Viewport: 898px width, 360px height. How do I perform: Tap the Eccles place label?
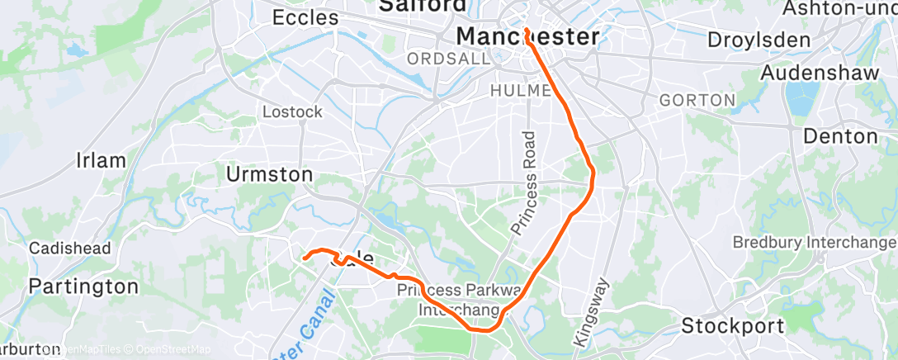305,17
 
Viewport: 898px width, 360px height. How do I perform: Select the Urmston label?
270,174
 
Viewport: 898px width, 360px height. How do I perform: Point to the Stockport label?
732,326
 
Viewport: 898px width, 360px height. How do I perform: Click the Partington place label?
83,287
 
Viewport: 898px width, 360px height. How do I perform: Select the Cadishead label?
65,249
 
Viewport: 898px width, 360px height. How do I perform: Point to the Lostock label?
292,111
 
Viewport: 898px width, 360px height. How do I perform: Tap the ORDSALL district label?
437,59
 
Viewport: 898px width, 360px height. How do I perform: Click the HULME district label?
520,89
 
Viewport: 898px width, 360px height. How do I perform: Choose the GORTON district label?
697,100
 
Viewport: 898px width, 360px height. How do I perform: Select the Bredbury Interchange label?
814,243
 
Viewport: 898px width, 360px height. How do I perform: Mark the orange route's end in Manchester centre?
526,30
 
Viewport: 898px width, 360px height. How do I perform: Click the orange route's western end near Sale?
305,258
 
